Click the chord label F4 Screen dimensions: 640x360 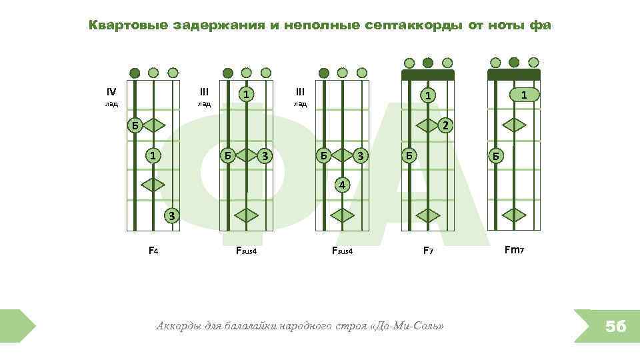point(153,251)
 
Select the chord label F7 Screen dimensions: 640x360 point(429,251)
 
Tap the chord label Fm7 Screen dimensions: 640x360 point(513,251)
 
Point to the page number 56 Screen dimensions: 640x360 point(615,327)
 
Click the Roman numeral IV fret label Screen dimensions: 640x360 point(111,91)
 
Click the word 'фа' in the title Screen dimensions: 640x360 point(540,25)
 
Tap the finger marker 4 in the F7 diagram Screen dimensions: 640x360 point(341,184)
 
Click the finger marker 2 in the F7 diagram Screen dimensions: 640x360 point(447,125)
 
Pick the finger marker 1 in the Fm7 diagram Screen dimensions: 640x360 point(525,95)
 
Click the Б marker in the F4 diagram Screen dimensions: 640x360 point(135,125)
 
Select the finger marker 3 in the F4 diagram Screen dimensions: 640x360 point(172,215)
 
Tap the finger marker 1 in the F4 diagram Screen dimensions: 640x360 point(153,155)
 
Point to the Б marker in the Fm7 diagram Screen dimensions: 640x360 point(495,155)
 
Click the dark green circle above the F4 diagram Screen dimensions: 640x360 point(135,73)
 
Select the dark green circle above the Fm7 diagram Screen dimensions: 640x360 point(513,63)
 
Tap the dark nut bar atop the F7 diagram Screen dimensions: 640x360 point(427,74)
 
